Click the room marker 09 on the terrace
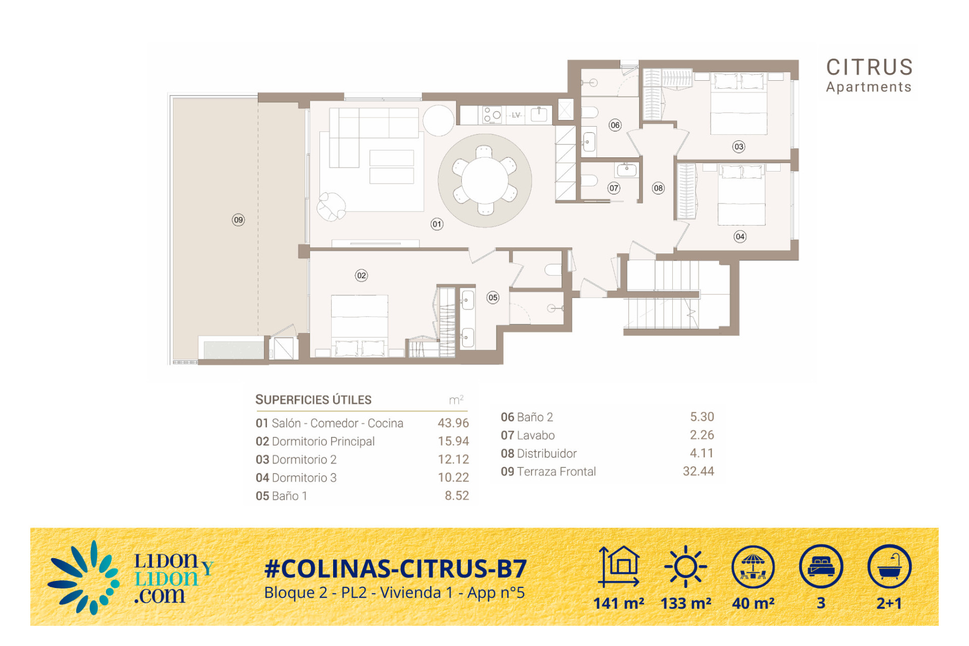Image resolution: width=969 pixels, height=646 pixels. pos(238,220)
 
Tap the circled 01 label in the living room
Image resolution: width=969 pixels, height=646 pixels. pos(437,224)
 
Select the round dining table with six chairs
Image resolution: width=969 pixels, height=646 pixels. pos(485,180)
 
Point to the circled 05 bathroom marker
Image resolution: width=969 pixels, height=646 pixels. pos(493,297)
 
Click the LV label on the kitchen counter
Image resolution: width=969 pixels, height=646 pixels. pos(516,115)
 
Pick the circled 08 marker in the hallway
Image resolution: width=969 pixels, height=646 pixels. pos(658,188)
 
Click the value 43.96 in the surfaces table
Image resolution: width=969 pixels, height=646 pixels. pos(453,423)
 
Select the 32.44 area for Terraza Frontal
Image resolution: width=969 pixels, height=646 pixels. pos(698,471)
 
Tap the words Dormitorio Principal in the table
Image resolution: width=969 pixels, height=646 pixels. pos(323,441)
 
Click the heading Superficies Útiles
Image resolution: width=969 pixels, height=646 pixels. pos(313,400)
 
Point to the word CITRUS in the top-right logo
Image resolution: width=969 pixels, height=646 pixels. pos(870,67)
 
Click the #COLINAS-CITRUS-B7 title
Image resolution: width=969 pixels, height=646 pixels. pos(396,569)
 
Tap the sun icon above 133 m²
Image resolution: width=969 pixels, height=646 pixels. pos(685,566)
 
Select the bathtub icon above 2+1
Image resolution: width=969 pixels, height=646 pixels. pos(889,566)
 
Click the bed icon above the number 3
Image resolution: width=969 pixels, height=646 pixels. pos(821,566)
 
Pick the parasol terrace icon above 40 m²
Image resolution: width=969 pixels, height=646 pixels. pos(753,566)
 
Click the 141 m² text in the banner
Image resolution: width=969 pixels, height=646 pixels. pos(619,603)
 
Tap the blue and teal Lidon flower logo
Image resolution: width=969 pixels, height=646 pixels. pos(84,578)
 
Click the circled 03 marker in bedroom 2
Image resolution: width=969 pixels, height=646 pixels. pos(739,147)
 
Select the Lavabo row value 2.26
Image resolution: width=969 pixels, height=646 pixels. pos(702,435)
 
